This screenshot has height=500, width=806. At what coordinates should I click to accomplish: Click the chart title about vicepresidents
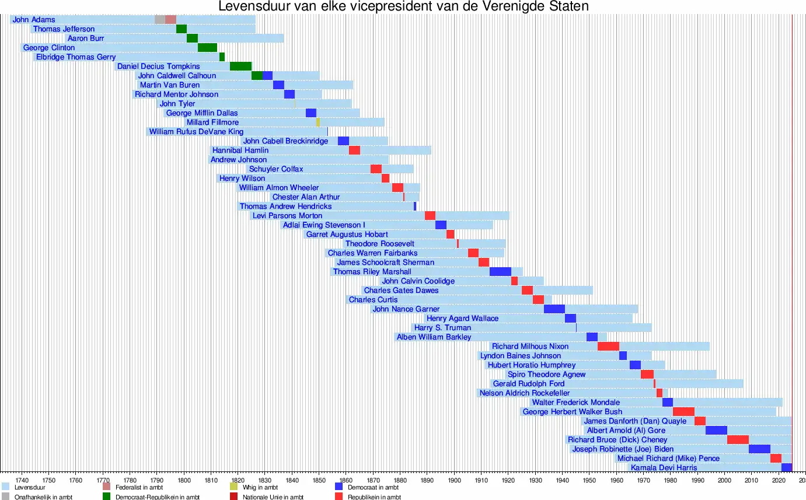click(x=403, y=6)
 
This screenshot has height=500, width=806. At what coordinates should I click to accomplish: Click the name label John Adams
click(x=34, y=20)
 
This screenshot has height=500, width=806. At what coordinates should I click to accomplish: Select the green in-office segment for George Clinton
click(x=207, y=48)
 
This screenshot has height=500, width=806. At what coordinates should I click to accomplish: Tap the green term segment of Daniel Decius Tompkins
click(x=240, y=67)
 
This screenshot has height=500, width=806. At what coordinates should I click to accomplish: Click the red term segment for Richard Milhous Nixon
click(x=608, y=347)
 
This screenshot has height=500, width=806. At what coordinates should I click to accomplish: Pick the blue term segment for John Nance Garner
click(x=554, y=309)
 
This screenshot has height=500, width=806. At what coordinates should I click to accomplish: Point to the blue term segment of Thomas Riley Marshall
click(x=500, y=272)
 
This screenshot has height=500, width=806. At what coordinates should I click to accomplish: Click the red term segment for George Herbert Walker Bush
click(x=683, y=412)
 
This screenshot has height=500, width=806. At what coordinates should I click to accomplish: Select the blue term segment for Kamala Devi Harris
click(x=786, y=468)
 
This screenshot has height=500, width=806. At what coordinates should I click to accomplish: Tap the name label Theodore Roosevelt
click(x=380, y=244)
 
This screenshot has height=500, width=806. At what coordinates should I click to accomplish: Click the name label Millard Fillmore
click(x=212, y=123)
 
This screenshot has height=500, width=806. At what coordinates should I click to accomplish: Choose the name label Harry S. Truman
click(x=442, y=328)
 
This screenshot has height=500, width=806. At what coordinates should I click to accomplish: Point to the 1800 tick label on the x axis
click(x=184, y=480)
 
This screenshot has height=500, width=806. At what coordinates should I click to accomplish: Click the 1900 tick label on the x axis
click(x=454, y=480)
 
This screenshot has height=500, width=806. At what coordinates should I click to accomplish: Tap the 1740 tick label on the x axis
click(x=22, y=480)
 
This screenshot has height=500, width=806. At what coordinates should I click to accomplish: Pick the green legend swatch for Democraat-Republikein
click(x=107, y=496)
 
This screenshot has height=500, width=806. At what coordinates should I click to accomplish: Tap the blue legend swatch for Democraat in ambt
click(x=339, y=487)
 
